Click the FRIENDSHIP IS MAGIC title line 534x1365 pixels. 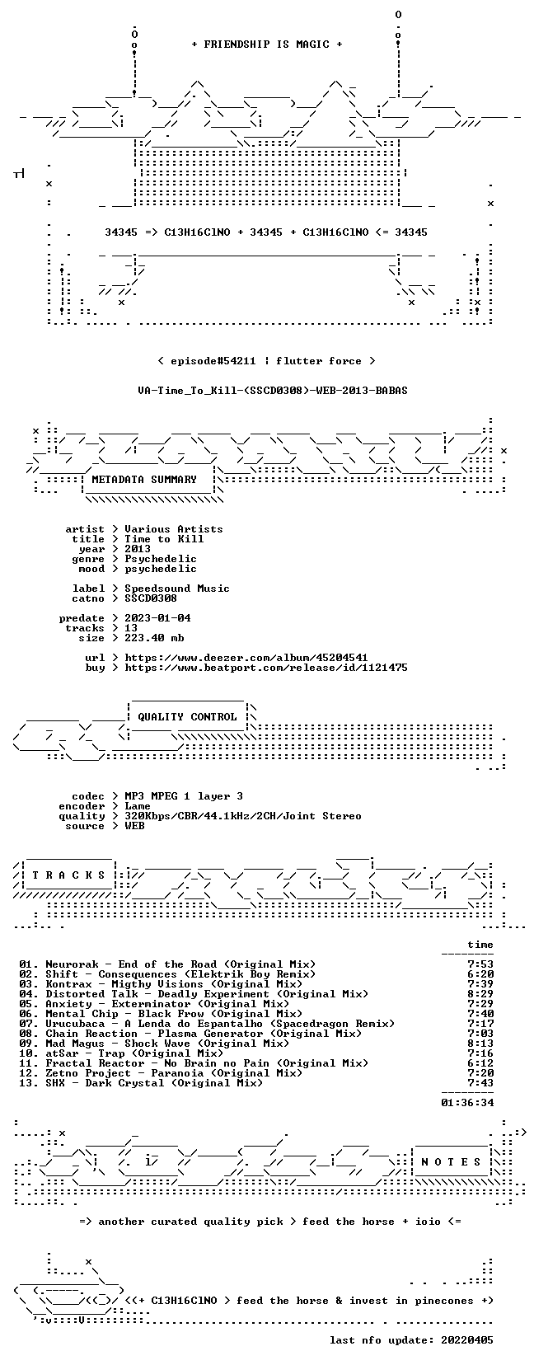click(267, 45)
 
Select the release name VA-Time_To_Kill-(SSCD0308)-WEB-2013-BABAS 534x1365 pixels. click(273, 391)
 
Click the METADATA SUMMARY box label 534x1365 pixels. click(144, 480)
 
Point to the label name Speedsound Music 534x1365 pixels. click(177, 589)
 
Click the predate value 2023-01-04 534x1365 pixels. click(157, 618)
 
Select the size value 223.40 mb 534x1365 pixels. click(154, 638)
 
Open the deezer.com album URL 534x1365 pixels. click(246, 658)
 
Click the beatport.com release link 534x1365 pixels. click(266, 668)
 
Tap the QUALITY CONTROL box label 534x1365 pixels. click(187, 717)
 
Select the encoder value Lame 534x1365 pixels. click(138, 806)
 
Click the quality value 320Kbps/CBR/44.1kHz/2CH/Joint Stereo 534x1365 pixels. click(243, 816)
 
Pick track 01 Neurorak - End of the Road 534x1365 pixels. click(167, 964)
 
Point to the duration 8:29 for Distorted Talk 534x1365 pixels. click(480, 994)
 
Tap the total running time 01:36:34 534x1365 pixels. click(467, 1103)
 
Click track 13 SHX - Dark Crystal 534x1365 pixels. click(141, 1083)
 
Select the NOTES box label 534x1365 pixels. click(452, 1162)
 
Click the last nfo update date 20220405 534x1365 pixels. click(467, 1340)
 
